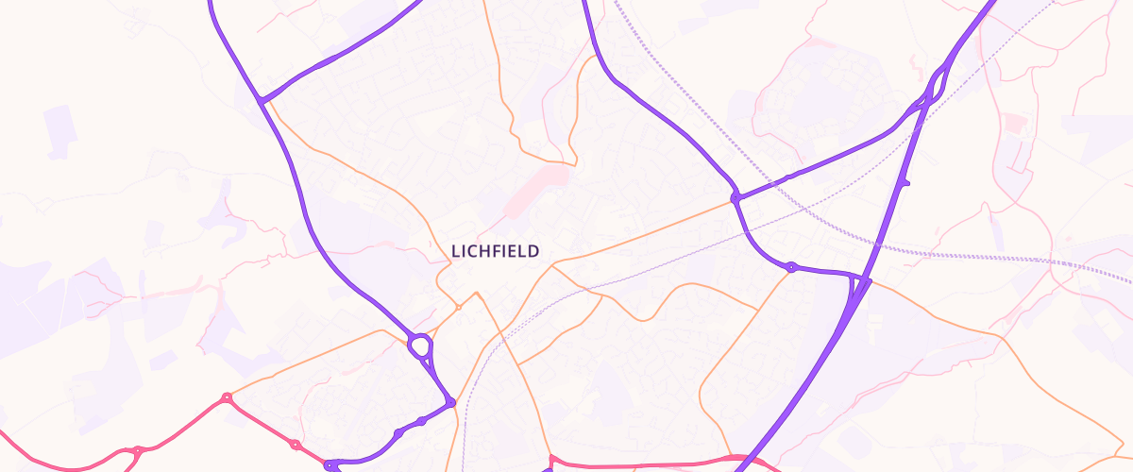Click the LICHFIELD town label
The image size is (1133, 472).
coord(495,251)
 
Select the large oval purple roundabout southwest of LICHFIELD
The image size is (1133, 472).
coord(420,346)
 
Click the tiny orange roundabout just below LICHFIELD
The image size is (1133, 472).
coord(459,307)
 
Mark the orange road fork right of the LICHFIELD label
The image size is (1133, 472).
coord(553,267)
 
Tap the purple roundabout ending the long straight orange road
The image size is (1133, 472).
coord(735,198)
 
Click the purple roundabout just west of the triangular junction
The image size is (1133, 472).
coord(791,267)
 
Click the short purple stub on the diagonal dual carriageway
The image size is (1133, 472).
coord(904,182)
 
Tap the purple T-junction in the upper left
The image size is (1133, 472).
coord(261,98)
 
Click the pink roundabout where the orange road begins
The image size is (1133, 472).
coord(227,398)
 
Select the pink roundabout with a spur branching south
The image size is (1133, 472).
coord(138,451)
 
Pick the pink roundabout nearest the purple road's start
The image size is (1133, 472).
coord(295,445)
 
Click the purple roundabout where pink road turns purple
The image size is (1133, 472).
coord(330,464)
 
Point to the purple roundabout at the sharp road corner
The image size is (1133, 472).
coord(451,403)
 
